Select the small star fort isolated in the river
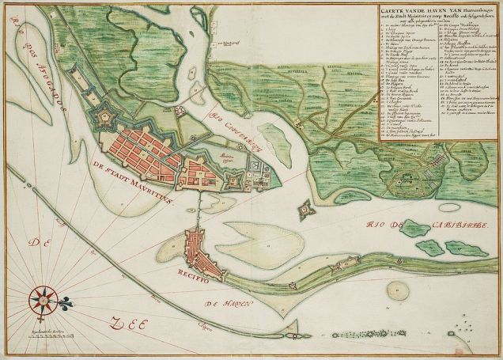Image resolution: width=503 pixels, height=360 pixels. pos(304,211)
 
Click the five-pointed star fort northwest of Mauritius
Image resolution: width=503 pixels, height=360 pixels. pos(104,119)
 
